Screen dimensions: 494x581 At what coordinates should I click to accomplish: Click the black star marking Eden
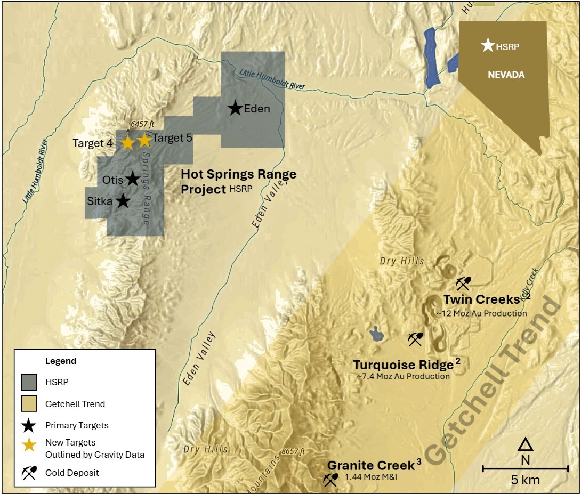tap(235, 108)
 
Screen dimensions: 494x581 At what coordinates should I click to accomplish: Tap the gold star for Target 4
tap(127, 143)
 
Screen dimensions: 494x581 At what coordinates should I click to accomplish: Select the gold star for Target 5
tap(144, 140)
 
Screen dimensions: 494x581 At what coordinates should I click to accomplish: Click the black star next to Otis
tap(133, 179)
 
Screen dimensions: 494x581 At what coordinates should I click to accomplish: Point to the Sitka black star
tap(123, 201)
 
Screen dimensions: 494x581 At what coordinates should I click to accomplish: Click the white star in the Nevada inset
tap(487, 45)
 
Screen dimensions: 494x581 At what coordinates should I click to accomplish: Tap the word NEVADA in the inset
tap(506, 75)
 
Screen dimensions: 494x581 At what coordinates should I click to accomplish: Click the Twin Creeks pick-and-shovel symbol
tap(463, 283)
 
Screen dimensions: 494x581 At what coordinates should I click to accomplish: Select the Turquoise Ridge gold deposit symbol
tap(415, 338)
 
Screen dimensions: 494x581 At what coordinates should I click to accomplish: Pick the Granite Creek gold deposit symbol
tap(330, 480)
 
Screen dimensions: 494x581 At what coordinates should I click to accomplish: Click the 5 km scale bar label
tap(525, 480)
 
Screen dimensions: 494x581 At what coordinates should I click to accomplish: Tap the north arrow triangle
tap(526, 444)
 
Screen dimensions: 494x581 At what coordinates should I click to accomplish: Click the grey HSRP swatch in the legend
tap(29, 382)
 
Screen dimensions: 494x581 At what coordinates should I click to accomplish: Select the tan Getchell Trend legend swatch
tap(29, 404)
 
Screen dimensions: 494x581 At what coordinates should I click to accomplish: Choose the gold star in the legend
tap(29, 445)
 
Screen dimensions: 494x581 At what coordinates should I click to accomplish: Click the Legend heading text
tap(60, 361)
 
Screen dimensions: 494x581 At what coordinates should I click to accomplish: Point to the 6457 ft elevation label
tap(134, 124)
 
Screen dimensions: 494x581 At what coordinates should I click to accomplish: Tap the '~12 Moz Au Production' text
tap(482, 313)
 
